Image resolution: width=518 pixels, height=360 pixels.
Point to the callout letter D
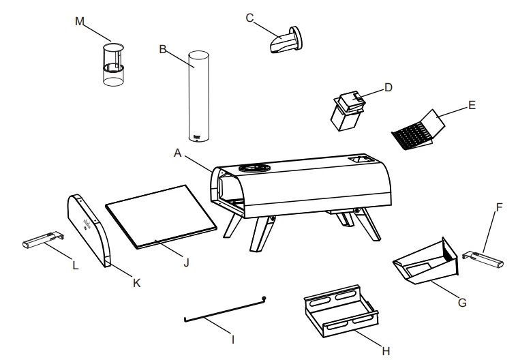point(388,87)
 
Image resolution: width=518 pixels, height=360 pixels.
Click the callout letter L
point(74,265)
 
